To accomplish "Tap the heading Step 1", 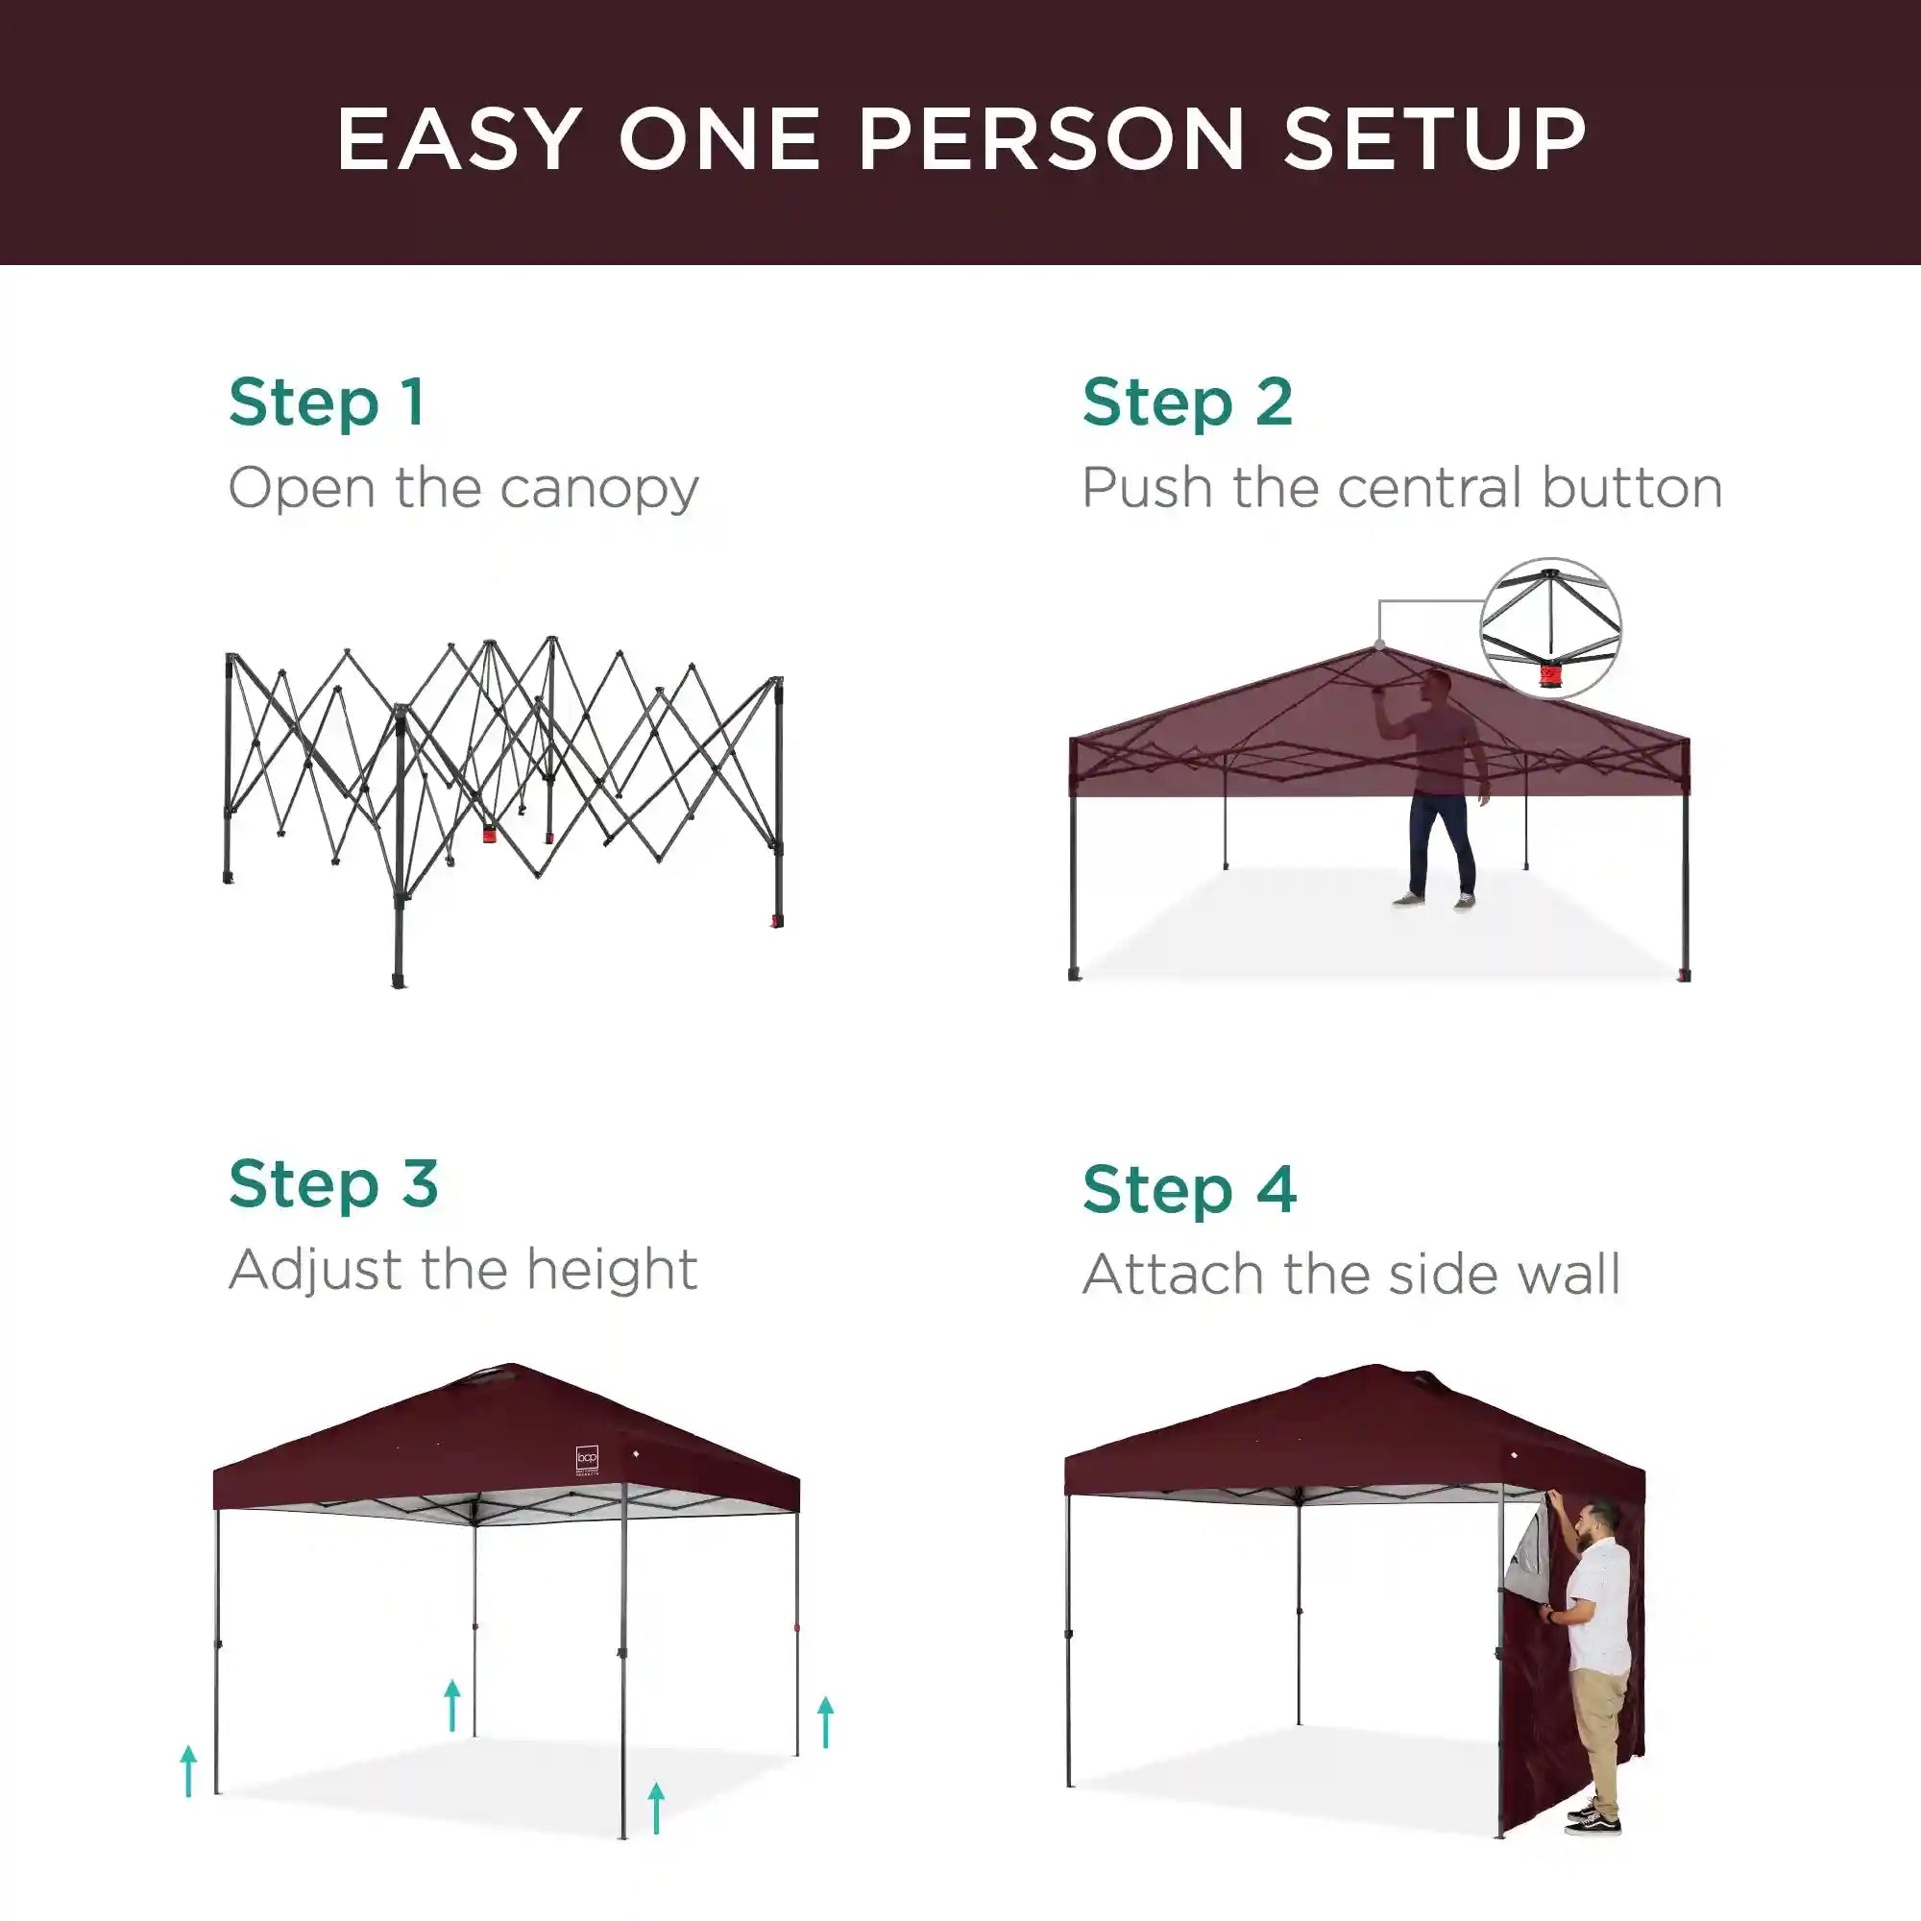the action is click(327, 402).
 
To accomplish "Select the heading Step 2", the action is click(1187, 402).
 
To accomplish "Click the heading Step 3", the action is click(333, 1184).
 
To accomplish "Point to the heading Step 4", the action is click(1189, 1190).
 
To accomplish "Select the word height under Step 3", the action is click(612, 1270).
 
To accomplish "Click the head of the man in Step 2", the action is click(1433, 684).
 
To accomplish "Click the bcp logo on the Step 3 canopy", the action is click(588, 1460).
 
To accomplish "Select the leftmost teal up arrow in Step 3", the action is click(189, 1772).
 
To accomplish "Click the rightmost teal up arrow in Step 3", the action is click(825, 1722).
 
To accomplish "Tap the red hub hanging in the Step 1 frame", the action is click(489, 833).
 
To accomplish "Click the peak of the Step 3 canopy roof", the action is click(510, 1364).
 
